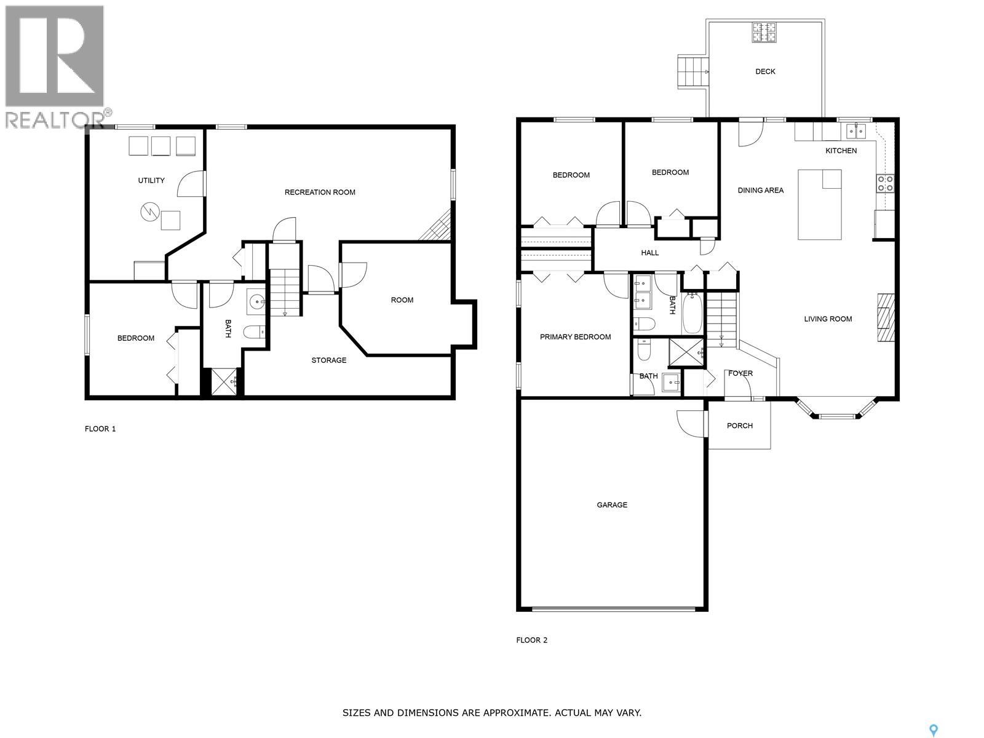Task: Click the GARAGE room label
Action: point(612,505)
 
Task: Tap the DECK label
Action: point(765,71)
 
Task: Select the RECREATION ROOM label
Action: point(320,192)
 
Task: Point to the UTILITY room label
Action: point(151,180)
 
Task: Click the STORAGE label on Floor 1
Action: point(328,360)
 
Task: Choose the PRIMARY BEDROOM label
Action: point(575,337)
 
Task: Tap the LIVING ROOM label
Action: point(828,319)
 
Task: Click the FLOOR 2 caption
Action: point(531,640)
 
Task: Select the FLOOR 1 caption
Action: point(100,429)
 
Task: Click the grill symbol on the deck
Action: point(764,33)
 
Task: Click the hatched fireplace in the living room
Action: point(885,317)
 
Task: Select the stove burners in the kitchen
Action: point(885,183)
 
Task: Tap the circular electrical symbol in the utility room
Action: point(149,213)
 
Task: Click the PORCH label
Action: point(739,426)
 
